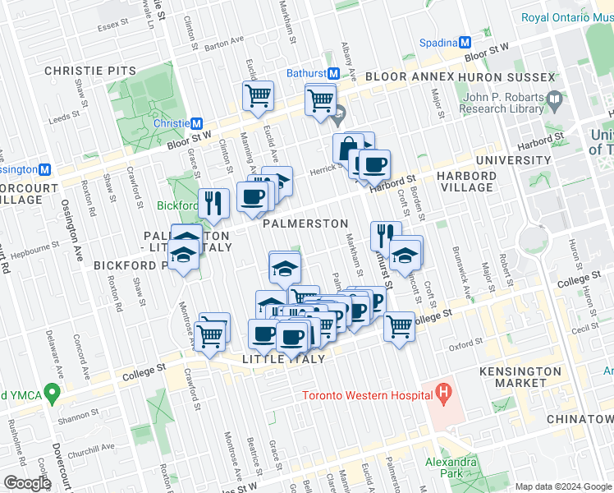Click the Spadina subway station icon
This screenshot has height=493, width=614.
(465, 42)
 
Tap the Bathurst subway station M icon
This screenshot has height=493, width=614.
(333, 73)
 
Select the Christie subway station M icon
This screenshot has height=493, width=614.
(196, 123)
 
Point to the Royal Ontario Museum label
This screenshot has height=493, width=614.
(567, 17)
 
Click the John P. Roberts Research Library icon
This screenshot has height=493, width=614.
(555, 103)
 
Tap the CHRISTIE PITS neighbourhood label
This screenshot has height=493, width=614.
(90, 71)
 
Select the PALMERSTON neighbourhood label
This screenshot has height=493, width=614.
(305, 223)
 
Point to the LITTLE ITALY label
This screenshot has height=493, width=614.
(284, 359)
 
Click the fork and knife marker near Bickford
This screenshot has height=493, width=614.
(213, 203)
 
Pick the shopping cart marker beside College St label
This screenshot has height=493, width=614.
(399, 325)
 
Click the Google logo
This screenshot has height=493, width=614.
(27, 482)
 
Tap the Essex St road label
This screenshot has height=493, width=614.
(108, 27)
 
